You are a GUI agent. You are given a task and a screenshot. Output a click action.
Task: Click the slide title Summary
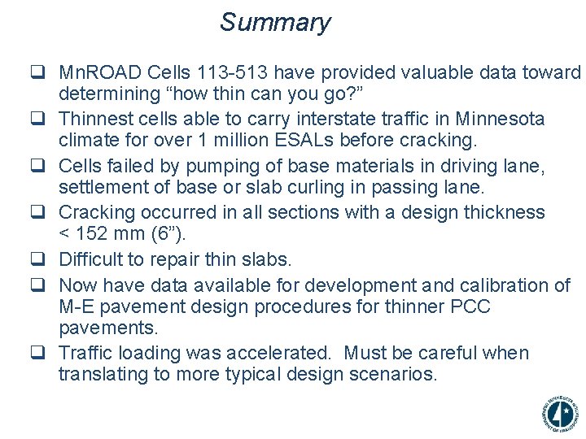point(275,22)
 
